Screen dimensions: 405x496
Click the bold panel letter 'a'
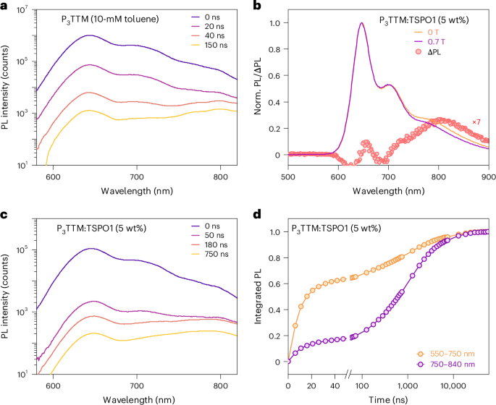pyautogui.click(x=4, y=6)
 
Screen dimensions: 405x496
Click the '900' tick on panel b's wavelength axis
pyautogui.click(x=489, y=175)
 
